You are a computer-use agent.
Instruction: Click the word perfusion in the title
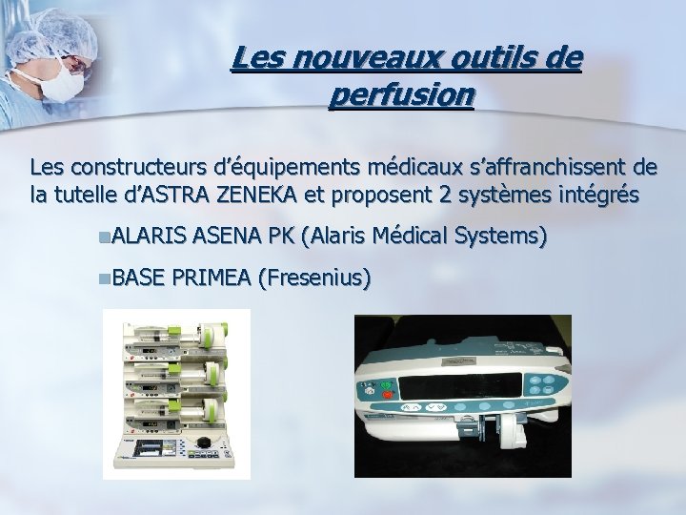pos(399,96)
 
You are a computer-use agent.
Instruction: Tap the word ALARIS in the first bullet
pos(151,237)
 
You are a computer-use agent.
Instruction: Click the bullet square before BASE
pos(104,278)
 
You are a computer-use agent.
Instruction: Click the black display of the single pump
pos(461,387)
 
